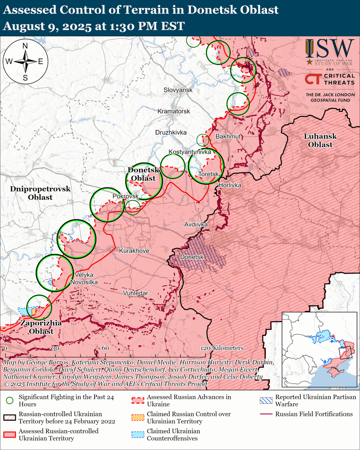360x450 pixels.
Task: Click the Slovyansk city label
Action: (178, 90)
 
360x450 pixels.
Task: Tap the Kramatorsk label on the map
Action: (174, 111)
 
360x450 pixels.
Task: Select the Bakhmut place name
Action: (228, 136)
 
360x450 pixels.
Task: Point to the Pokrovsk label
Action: (126, 196)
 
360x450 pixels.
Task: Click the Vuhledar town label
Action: (135, 293)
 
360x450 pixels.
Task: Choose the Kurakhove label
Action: (134, 251)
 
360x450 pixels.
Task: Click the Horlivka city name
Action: (230, 185)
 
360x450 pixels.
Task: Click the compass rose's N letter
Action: (25, 46)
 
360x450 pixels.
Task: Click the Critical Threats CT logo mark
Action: (312, 79)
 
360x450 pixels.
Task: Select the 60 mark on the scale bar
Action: (105, 348)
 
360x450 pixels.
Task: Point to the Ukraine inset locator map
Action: (319, 349)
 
